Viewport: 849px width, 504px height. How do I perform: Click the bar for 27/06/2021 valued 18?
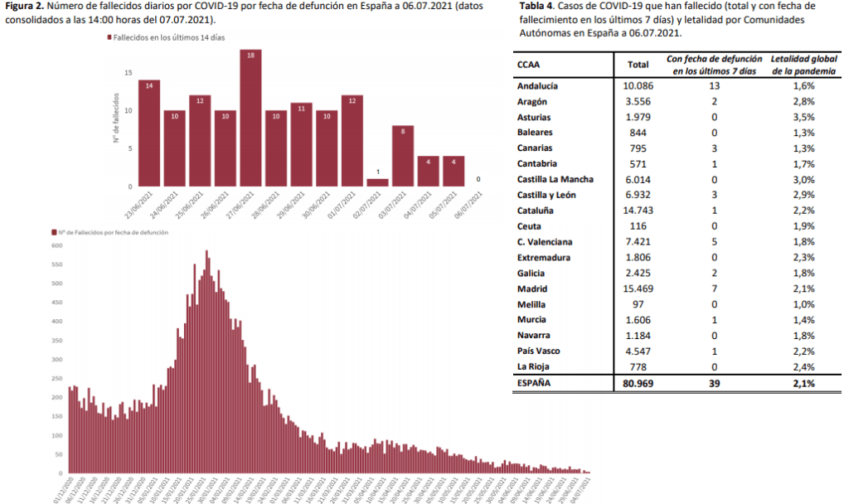tap(250, 118)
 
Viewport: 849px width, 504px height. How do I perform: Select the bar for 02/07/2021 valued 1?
tap(377, 182)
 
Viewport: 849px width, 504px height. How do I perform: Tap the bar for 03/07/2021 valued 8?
tap(403, 156)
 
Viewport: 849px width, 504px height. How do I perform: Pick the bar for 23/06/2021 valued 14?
tap(149, 133)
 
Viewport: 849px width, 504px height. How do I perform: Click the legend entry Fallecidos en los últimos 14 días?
tap(165, 38)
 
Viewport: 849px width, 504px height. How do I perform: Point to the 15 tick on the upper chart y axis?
tap(128, 73)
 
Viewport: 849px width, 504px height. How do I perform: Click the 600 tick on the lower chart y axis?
tap(57, 245)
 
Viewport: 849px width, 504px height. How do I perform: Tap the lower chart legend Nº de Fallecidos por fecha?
tap(112, 233)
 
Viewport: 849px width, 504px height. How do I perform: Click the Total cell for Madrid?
tap(638, 288)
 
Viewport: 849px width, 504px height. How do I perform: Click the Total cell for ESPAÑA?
tap(638, 384)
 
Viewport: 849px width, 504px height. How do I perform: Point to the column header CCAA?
tap(529, 65)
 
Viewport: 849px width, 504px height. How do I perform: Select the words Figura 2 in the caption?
tap(22, 6)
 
